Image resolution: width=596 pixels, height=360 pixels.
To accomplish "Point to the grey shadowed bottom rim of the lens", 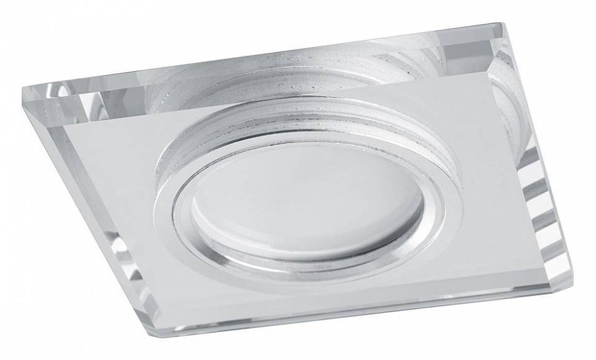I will click(292, 245).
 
